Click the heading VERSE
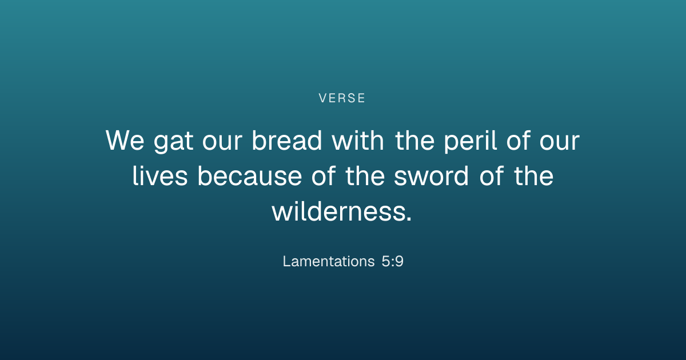(342, 98)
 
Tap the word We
(125, 141)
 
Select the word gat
(173, 142)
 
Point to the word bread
(286, 140)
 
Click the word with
(358, 140)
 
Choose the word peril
(470, 142)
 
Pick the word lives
(160, 176)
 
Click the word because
(250, 176)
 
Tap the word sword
(431, 176)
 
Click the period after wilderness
(409, 218)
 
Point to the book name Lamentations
(329, 262)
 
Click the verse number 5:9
(393, 262)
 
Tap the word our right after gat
(222, 143)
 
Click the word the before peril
(414, 140)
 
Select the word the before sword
(365, 176)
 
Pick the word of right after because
(324, 176)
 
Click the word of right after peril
(518, 140)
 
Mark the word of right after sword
(491, 176)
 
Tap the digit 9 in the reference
(399, 262)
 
